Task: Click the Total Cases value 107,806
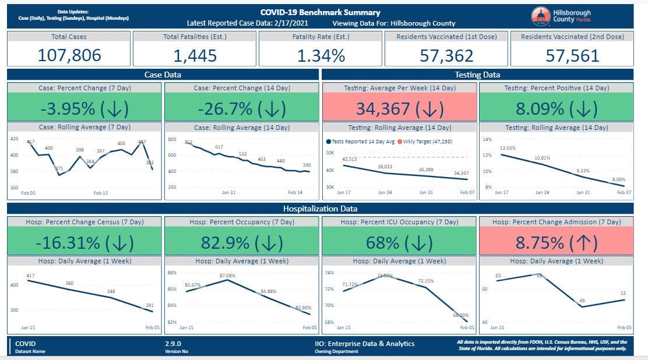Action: (69, 55)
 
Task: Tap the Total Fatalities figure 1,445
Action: (195, 55)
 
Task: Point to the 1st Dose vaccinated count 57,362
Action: (446, 55)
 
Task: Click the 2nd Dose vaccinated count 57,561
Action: (572, 55)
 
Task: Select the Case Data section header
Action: (163, 75)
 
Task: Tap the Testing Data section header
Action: (477, 75)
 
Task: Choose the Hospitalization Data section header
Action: (319, 208)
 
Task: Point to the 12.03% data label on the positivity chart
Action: (508, 148)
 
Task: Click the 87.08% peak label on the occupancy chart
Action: (228, 275)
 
